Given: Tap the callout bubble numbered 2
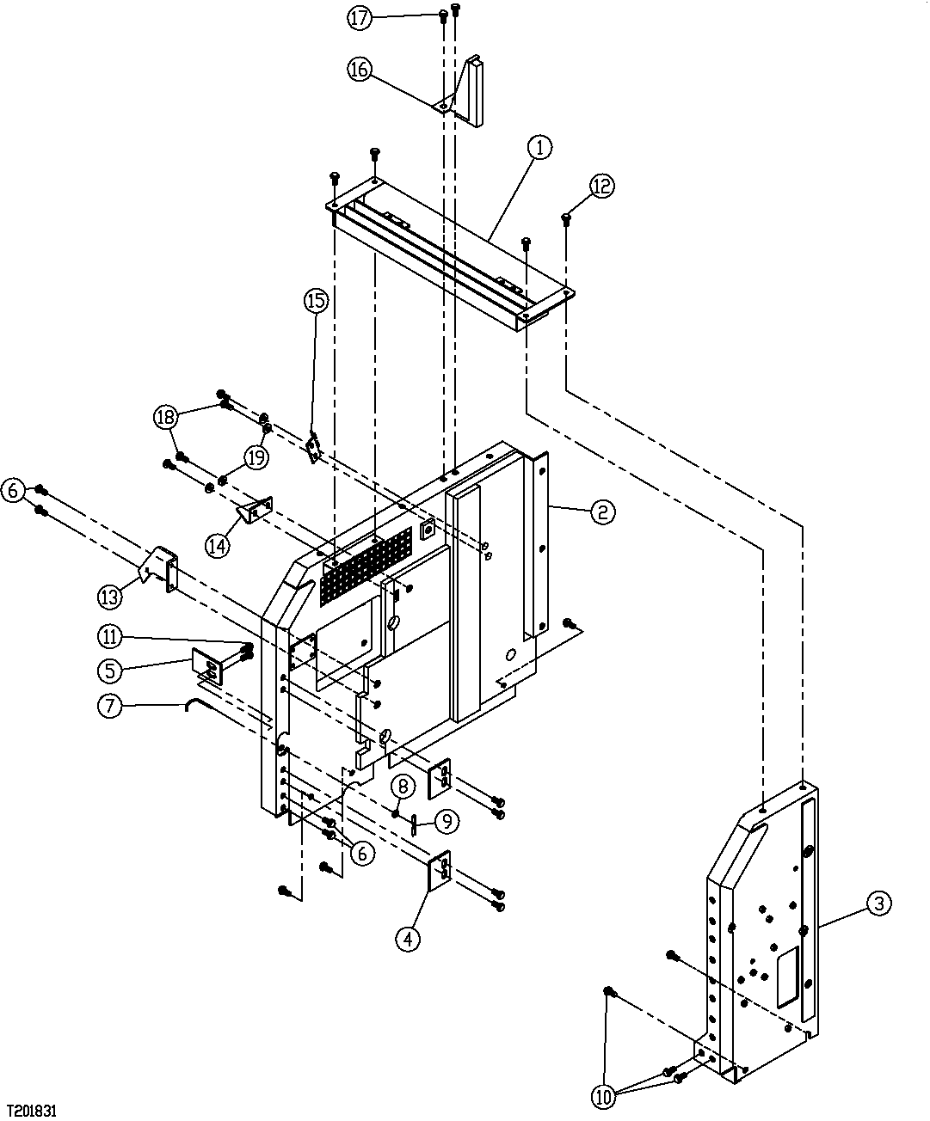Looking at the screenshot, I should [601, 512].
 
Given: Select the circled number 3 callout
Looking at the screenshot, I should [878, 904].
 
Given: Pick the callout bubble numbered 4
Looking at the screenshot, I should [408, 940].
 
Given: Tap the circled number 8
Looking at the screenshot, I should [402, 786].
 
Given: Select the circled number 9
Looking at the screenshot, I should [445, 822].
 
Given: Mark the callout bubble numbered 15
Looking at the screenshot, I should [316, 301].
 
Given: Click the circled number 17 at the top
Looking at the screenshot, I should [360, 18].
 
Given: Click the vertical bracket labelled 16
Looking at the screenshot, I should [474, 93].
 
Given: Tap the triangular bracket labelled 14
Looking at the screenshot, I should [254, 512].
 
